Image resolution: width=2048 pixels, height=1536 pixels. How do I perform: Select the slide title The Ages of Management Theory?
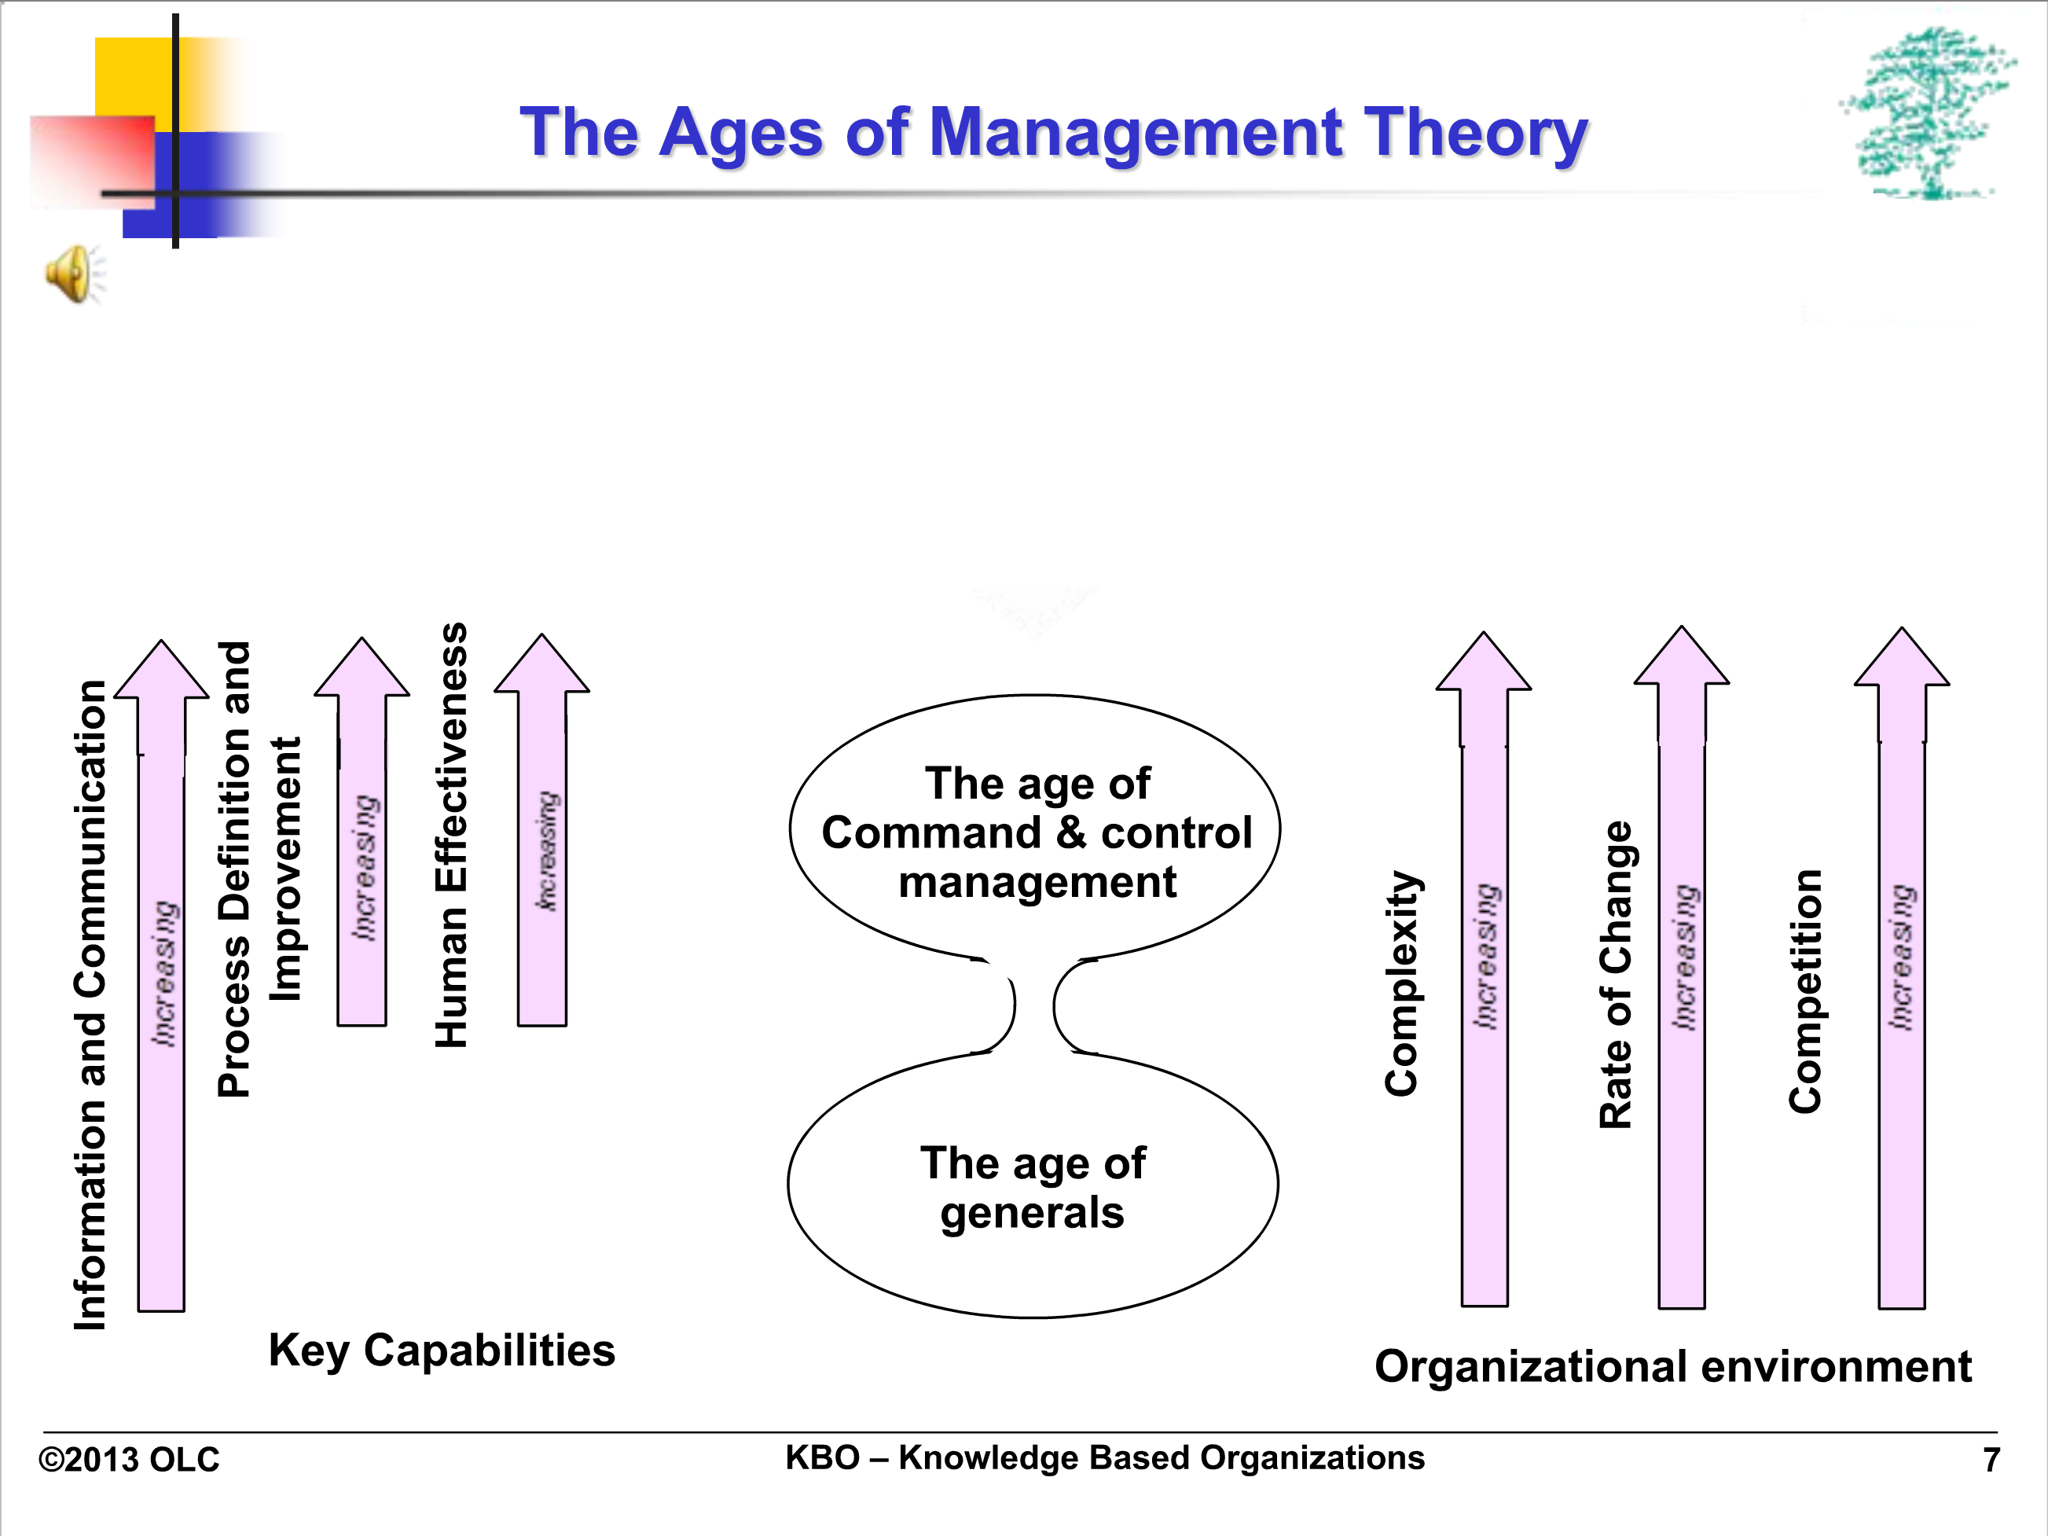coord(1054,132)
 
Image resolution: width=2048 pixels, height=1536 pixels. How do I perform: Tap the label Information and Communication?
coord(90,1005)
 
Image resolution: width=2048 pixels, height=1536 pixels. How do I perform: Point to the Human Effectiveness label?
coord(451,835)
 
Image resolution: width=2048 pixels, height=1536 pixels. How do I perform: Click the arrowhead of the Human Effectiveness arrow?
coord(541,663)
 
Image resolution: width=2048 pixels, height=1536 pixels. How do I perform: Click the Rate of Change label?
coord(1617,974)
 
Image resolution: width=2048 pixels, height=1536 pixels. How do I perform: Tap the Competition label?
coord(1805,990)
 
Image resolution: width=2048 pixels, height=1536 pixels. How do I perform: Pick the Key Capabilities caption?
coord(442,1350)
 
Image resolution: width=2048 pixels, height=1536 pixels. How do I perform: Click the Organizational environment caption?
coord(1673,1366)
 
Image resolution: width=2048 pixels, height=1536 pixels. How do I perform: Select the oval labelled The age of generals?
coord(1033,1187)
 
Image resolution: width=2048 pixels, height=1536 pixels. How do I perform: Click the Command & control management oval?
coord(1035,828)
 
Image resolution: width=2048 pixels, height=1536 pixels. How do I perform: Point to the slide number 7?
coord(1991,1460)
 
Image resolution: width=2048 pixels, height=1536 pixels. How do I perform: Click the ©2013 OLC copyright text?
coord(129,1460)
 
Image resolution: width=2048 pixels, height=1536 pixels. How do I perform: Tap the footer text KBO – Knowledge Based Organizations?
coord(1104,1458)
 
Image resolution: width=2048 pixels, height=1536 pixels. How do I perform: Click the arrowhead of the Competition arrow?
coord(1902,656)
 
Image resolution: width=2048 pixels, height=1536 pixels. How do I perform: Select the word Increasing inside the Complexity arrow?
coord(1486,956)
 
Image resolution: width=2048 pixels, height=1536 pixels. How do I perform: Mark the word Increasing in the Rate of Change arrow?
coord(1683,957)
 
